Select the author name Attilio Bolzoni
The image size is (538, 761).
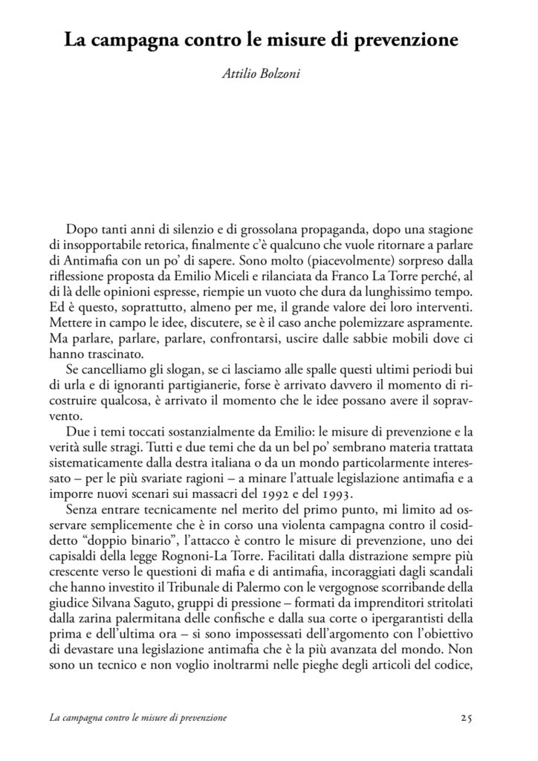(268, 75)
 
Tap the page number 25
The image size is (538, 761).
(467, 718)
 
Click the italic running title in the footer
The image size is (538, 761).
(137, 719)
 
